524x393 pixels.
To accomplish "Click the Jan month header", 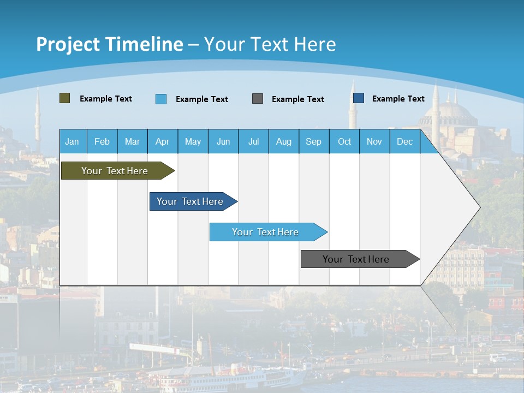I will click(x=73, y=141).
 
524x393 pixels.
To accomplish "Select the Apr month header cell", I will click(x=163, y=141).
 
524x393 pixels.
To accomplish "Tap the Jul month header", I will click(x=253, y=141).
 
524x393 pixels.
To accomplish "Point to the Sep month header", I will click(x=314, y=141).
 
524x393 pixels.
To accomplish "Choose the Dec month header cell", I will click(x=404, y=141).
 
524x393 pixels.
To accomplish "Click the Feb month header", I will click(x=102, y=141).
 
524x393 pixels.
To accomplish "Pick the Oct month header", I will click(x=344, y=141).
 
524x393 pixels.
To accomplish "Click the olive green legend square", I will click(x=65, y=98).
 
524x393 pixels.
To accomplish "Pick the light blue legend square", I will click(x=161, y=99).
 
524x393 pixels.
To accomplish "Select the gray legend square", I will click(x=258, y=99).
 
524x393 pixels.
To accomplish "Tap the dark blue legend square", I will click(x=359, y=98).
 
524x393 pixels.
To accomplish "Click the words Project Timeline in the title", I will click(x=110, y=44).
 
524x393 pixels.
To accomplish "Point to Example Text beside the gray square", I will click(x=298, y=99).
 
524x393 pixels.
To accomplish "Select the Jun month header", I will click(x=223, y=141).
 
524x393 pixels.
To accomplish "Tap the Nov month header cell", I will click(x=374, y=141).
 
